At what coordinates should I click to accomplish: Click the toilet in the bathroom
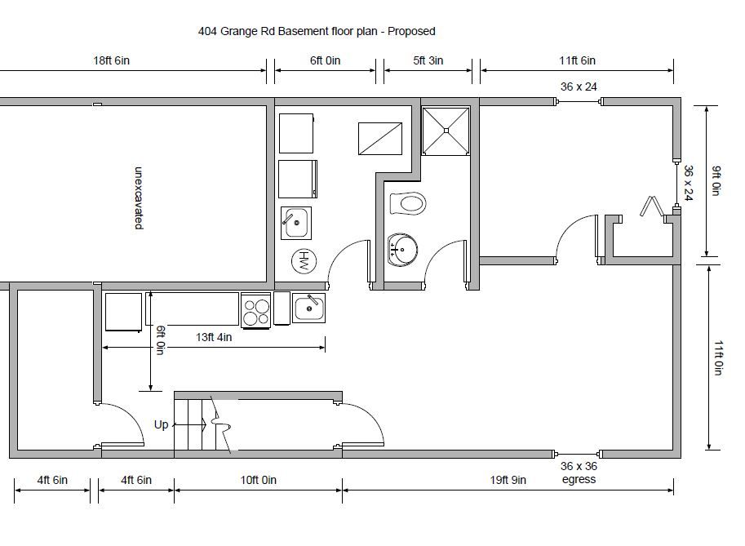tap(407, 203)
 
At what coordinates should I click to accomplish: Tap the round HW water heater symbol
tap(304, 261)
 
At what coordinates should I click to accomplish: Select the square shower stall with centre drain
tap(446, 131)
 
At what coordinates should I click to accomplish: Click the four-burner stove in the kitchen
tap(256, 311)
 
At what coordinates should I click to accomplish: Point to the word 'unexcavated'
tap(139, 198)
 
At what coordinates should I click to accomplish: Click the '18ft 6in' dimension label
tap(111, 60)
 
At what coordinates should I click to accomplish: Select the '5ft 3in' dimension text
tap(428, 60)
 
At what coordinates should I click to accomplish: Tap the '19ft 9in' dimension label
tap(508, 480)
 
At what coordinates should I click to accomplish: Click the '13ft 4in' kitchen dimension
tap(214, 337)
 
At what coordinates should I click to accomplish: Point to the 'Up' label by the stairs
tap(161, 425)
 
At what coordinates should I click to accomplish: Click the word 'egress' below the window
tap(579, 479)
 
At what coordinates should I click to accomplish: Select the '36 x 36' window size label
tap(579, 466)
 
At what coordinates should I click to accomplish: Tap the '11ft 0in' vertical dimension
tap(718, 357)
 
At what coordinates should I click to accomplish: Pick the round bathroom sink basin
tap(403, 248)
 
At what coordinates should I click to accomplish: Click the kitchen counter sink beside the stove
tap(308, 308)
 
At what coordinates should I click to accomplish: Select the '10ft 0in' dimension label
tap(258, 480)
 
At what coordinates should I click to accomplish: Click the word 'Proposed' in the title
tap(411, 31)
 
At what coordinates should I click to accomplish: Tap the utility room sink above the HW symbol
tap(296, 223)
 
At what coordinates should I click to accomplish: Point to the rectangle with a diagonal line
tap(380, 139)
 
